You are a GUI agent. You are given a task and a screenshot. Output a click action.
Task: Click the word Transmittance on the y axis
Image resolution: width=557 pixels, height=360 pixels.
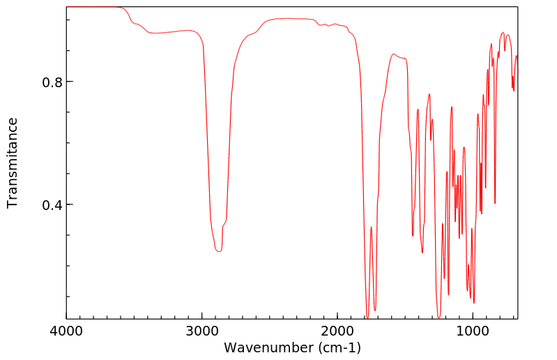pos(13,163)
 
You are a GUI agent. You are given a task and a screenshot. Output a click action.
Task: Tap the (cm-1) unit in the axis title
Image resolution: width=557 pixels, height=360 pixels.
pos(338,347)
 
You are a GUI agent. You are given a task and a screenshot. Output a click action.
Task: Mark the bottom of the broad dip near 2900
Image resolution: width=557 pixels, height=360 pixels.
pos(218,251)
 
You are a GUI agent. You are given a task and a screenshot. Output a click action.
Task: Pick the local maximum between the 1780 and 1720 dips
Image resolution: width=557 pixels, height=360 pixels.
pos(372,227)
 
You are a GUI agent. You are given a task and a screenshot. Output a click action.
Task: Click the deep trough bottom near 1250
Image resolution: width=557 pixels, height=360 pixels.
pos(438,317)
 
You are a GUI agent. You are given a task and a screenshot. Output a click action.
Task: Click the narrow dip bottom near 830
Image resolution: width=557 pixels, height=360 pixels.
pos(495,203)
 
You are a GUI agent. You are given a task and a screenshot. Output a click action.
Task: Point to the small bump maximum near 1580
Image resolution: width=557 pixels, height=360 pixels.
pos(394,54)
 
